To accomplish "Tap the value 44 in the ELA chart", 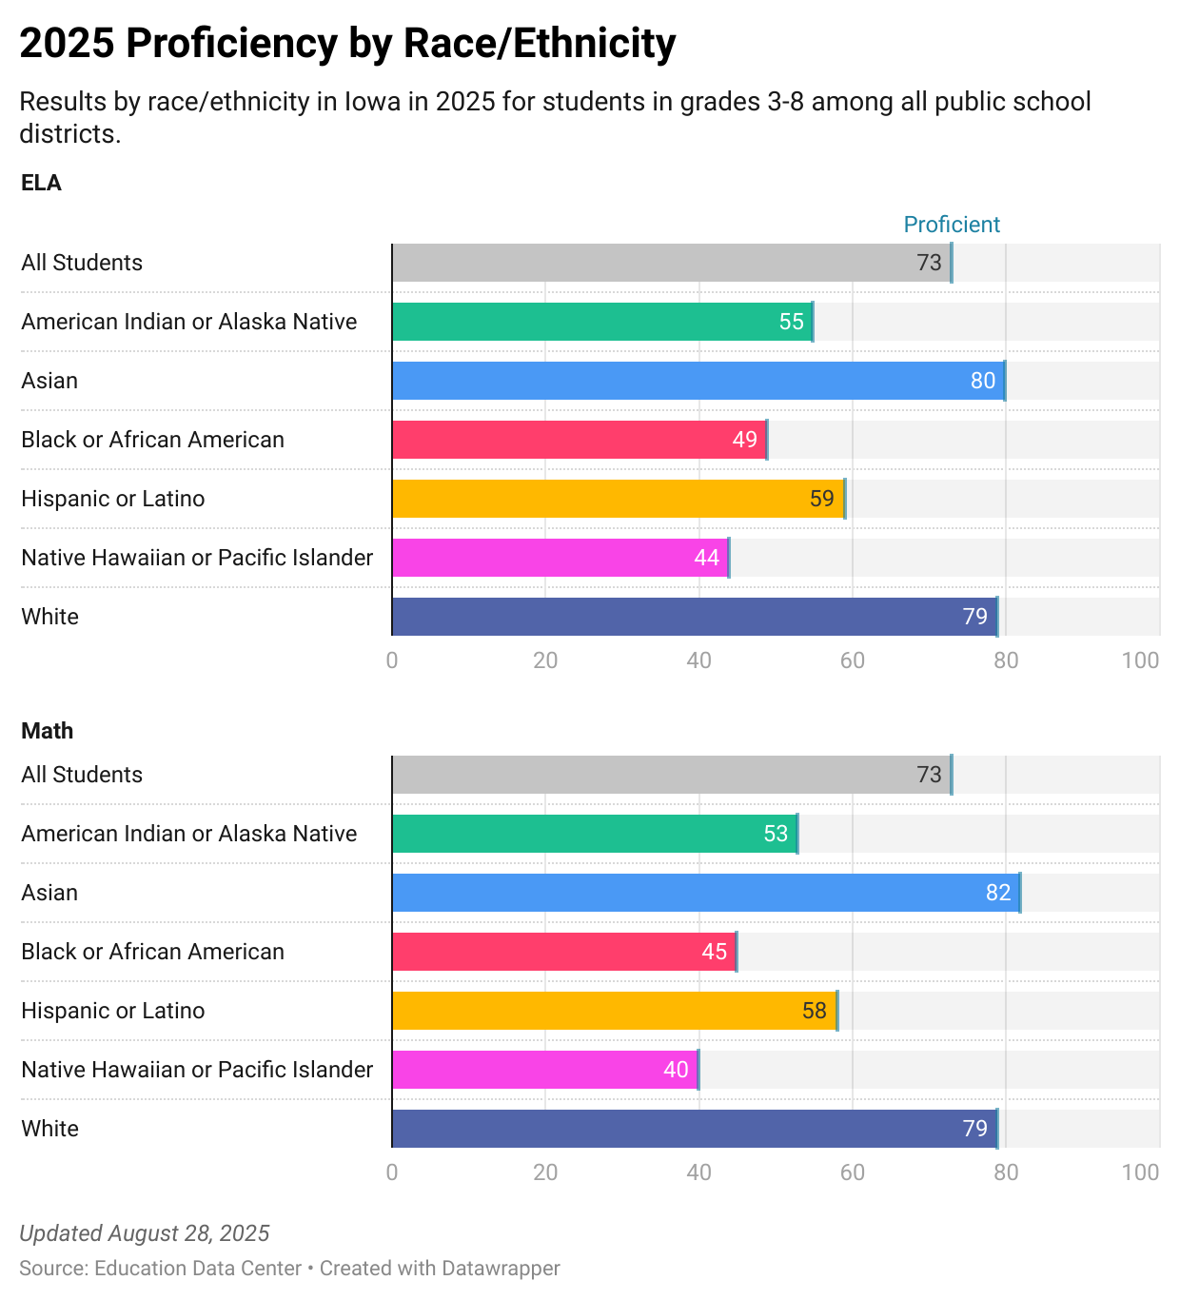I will [x=707, y=558].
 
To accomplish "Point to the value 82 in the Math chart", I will [x=998, y=893].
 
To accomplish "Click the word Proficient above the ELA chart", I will [x=951, y=225].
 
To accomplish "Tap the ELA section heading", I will [x=41, y=183].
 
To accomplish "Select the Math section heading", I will [x=47, y=731].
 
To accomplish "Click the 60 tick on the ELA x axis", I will [x=852, y=660].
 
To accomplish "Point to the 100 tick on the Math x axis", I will [x=1140, y=1172].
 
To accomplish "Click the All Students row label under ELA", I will [x=82, y=263].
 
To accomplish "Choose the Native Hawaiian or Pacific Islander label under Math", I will [x=197, y=1070].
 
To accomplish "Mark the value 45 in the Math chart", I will [x=715, y=952].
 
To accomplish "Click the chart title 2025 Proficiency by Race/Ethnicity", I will [x=347, y=44].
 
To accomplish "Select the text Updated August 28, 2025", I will [x=145, y=1233].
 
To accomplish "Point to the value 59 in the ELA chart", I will [x=822, y=499].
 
